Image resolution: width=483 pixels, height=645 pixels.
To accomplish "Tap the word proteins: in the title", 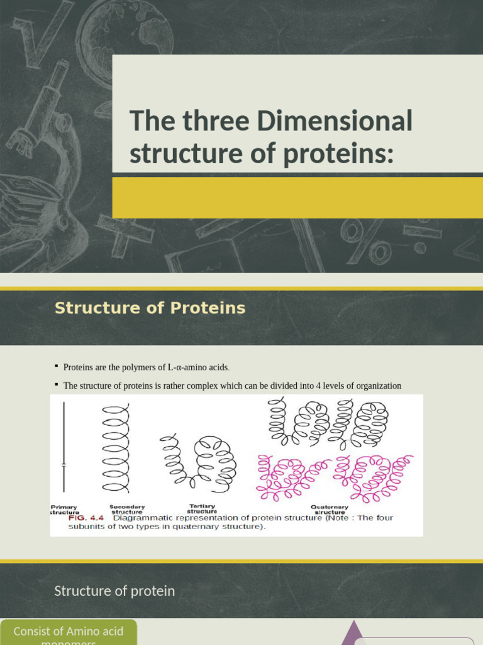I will (339, 154).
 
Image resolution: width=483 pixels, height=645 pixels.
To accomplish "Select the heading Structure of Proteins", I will (150, 308).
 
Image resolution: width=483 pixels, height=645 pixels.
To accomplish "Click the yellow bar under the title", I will (297, 197).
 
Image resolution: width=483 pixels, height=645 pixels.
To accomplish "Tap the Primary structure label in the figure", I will (64, 510).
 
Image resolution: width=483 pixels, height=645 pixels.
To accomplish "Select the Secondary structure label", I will (127, 509).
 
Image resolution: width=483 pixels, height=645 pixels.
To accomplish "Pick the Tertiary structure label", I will (202, 508).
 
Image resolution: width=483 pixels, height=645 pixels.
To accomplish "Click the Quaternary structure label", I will (330, 509).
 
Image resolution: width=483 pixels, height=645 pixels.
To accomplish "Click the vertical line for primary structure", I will (64, 447).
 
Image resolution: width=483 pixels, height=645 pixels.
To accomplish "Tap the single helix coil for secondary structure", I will (116, 448).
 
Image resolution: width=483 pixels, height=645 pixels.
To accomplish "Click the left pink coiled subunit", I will (291, 477).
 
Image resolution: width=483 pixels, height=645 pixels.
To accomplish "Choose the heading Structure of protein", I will (114, 591).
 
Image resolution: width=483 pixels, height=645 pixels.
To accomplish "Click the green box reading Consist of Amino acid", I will (68, 632).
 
